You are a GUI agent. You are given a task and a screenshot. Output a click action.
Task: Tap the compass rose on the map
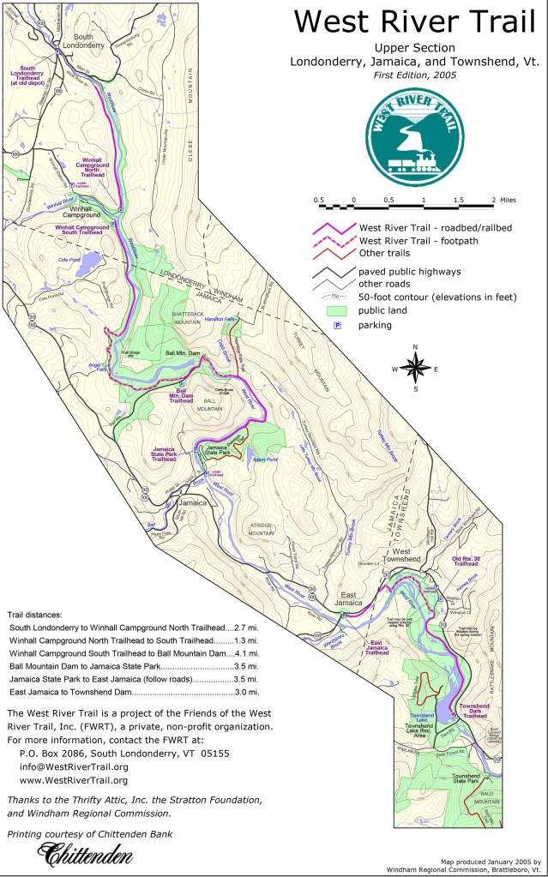pyautogui.click(x=415, y=368)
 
